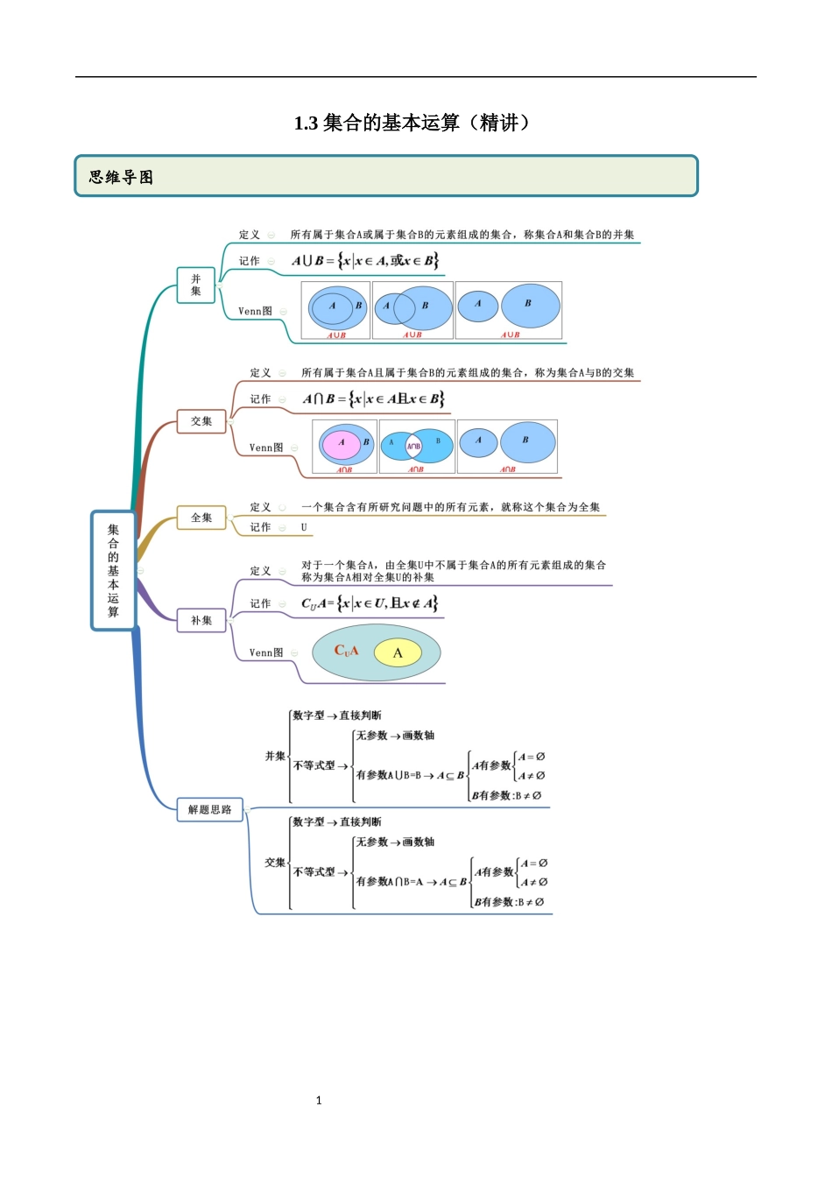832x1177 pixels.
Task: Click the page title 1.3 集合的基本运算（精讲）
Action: [412, 123]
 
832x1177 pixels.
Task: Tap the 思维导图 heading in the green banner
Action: [121, 177]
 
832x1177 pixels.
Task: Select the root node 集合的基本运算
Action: [113, 570]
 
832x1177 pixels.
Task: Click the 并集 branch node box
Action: [195, 285]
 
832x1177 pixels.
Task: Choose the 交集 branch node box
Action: [201, 421]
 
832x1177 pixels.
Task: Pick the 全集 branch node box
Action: [201, 518]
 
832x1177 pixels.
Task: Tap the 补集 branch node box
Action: [201, 620]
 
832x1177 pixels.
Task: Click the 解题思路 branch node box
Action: [209, 809]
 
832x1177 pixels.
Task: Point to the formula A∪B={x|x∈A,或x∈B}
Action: [364, 260]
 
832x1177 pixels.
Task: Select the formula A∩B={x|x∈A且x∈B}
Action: [373, 398]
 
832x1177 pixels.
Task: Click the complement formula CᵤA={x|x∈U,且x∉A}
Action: [369, 603]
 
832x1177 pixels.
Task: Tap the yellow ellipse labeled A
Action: [398, 652]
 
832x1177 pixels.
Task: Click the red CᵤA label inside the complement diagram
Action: [346, 651]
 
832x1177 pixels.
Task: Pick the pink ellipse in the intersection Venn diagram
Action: [342, 444]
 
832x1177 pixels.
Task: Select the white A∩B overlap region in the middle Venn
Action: [414, 446]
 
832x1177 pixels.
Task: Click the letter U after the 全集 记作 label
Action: [304, 527]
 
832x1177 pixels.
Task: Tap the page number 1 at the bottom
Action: [319, 1100]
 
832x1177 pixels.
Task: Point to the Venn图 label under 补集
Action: [265, 652]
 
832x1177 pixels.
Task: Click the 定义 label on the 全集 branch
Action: [260, 507]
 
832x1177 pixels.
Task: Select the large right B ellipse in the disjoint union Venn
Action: [530, 306]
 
